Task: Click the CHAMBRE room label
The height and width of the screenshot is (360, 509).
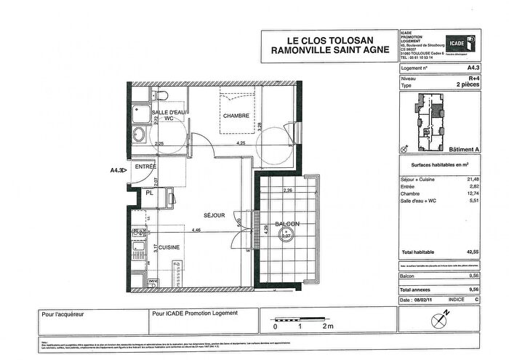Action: [x=236, y=116]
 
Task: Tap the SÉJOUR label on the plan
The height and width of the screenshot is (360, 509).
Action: [x=214, y=215]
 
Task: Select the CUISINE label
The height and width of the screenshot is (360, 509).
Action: [x=170, y=247]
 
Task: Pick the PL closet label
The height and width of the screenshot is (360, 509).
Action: [x=149, y=193]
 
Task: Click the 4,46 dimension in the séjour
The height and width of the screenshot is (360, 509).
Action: [x=196, y=231]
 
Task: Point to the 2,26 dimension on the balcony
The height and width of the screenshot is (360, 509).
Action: [x=287, y=191]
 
